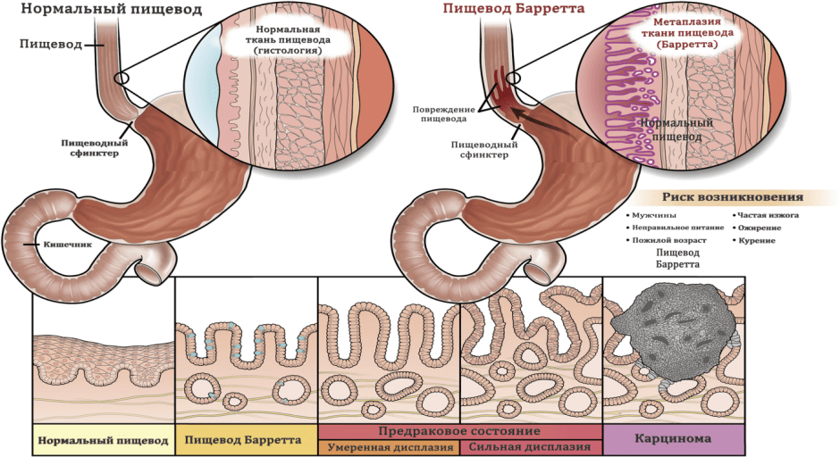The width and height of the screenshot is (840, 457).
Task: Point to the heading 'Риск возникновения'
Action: click(x=732, y=197)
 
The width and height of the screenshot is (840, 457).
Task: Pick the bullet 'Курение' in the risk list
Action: click(x=756, y=241)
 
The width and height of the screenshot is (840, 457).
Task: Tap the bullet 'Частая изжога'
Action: click(x=766, y=215)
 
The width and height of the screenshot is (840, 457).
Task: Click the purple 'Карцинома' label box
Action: click(x=674, y=439)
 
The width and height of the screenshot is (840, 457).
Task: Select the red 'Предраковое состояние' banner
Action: click(x=459, y=429)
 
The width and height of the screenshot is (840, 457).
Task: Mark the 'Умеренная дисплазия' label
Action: click(x=390, y=446)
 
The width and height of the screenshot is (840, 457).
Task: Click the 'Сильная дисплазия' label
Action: click(x=531, y=446)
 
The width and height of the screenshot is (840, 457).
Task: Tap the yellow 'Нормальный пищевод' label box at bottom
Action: click(x=103, y=440)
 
